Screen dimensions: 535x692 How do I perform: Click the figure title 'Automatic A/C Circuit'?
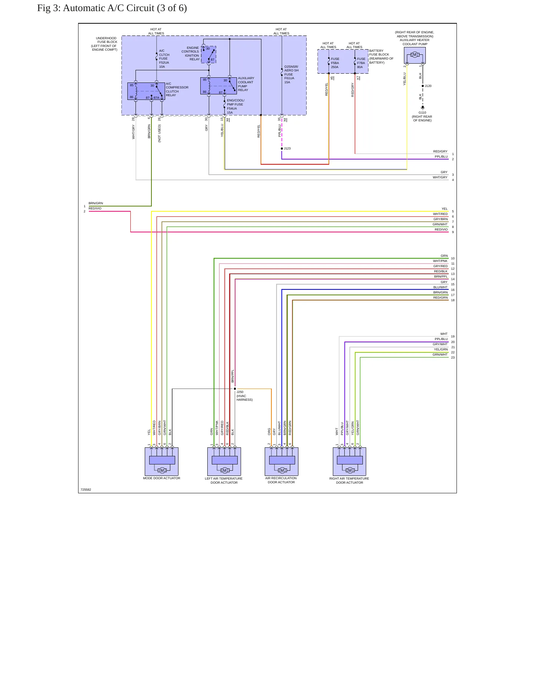(x=108, y=8)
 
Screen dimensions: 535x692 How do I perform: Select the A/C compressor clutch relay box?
(x=146, y=91)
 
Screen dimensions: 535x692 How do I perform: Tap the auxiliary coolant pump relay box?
(x=218, y=86)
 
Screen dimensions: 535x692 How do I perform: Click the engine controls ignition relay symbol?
(x=208, y=54)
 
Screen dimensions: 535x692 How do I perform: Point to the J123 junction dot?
(x=282, y=148)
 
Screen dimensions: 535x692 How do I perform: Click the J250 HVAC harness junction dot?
(x=235, y=389)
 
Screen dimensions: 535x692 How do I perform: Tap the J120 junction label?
(x=428, y=86)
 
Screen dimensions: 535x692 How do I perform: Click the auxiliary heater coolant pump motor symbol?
(x=415, y=55)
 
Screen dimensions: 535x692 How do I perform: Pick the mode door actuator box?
(x=161, y=461)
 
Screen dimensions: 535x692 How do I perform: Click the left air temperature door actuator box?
(x=224, y=461)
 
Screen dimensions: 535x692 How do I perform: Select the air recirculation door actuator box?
(x=281, y=461)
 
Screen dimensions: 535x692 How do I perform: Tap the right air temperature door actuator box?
(x=350, y=461)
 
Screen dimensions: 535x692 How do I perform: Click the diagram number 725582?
(x=86, y=490)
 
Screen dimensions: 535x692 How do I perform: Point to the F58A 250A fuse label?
(x=335, y=63)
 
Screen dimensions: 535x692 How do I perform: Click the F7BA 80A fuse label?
(x=361, y=63)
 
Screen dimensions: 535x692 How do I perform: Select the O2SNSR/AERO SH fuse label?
(x=291, y=74)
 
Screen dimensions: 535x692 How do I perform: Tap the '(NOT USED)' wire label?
(x=160, y=133)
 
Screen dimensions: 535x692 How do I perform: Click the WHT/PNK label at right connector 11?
(x=440, y=261)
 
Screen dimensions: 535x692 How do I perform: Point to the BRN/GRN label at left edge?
(x=96, y=203)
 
